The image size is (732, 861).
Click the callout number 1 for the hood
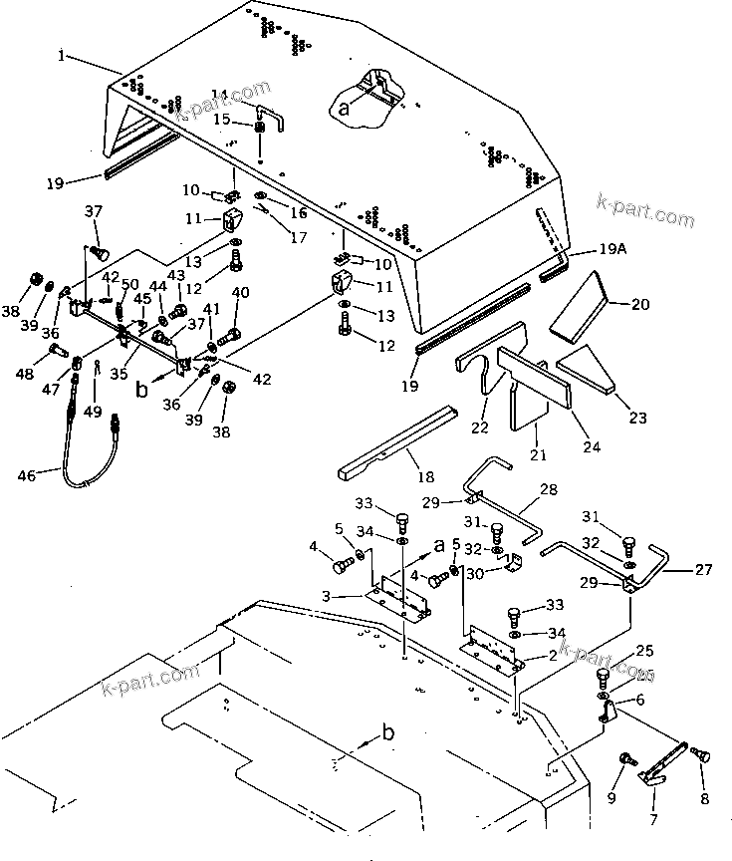[x=63, y=57]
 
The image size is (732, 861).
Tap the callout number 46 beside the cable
[x=27, y=476]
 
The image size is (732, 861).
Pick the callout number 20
[x=639, y=303]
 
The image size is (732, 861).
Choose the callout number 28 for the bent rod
[x=550, y=490]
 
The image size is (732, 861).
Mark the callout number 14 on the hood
[x=219, y=96]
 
